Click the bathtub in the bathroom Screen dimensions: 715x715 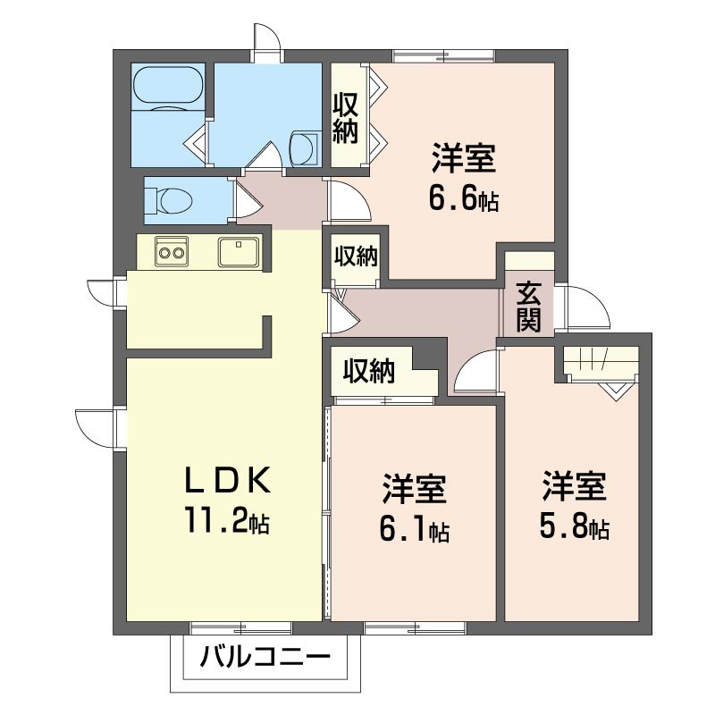[168, 86]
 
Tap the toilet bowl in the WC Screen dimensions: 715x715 [173, 200]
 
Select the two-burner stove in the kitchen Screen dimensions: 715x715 [172, 251]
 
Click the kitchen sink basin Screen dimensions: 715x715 [239, 251]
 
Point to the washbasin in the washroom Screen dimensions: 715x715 [304, 147]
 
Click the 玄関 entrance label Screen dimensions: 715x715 [528, 307]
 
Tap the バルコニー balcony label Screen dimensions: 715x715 [265, 657]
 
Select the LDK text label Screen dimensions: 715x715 [227, 481]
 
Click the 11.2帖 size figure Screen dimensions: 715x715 [227, 520]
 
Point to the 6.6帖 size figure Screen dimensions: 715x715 [464, 198]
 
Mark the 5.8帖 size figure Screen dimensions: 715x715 [574, 526]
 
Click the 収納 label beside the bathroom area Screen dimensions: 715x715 [345, 118]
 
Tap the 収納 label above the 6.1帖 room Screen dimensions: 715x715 [369, 370]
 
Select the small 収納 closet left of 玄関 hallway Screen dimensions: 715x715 [356, 257]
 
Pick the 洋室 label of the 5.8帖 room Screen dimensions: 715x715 [574, 486]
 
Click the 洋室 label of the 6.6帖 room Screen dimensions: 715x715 [464, 158]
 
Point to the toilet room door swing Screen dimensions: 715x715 [248, 200]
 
